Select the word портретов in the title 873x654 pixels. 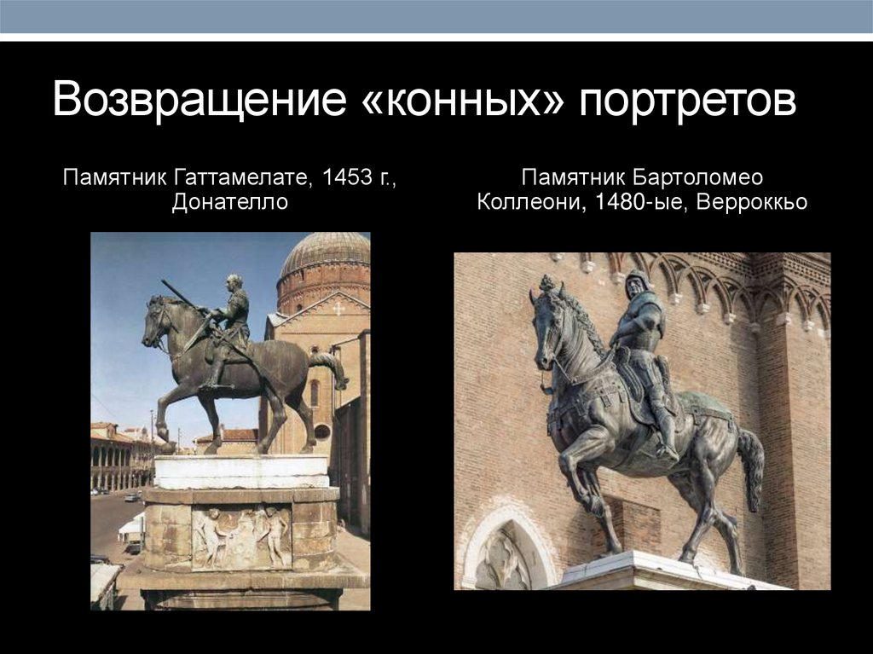[689, 101]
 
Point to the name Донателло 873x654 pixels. [229, 203]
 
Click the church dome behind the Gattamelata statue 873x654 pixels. [325, 254]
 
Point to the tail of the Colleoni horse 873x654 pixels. [751, 469]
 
